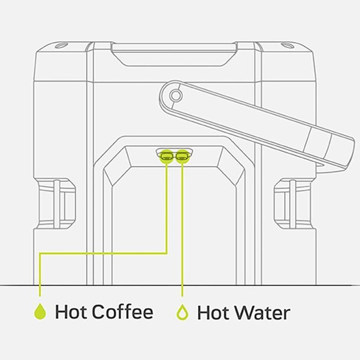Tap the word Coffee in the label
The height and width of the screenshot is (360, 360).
click(x=123, y=311)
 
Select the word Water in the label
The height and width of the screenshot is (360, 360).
click(x=262, y=313)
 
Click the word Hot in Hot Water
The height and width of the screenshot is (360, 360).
click(x=214, y=313)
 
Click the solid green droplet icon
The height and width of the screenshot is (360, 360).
click(x=40, y=312)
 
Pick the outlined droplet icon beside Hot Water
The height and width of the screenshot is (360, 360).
click(x=182, y=312)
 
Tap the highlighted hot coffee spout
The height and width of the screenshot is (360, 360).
click(x=167, y=157)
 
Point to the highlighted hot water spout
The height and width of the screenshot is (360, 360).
click(x=182, y=157)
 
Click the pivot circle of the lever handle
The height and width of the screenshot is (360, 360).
click(x=176, y=95)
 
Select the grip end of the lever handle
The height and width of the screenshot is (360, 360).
click(x=331, y=149)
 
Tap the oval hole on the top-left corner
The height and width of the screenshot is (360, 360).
click(x=61, y=45)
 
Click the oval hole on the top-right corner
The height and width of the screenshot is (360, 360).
click(x=288, y=45)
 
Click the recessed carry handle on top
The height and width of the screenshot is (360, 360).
click(x=174, y=55)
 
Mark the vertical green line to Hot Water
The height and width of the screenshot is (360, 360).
click(x=182, y=230)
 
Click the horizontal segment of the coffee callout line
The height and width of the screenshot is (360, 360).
click(x=103, y=253)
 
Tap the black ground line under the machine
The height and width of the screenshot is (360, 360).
click(x=180, y=285)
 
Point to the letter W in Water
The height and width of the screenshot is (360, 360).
click(x=244, y=313)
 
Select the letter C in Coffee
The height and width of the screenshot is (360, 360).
click(x=98, y=312)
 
